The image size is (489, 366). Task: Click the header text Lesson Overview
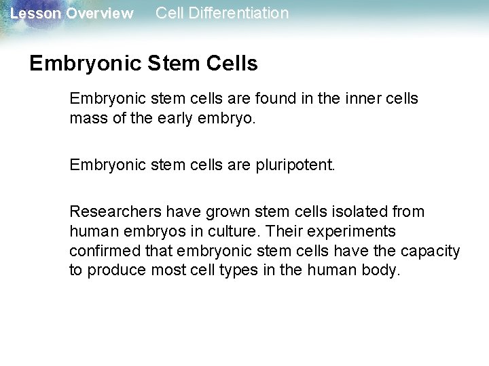click(x=72, y=14)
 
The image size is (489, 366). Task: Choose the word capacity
click(x=430, y=251)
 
